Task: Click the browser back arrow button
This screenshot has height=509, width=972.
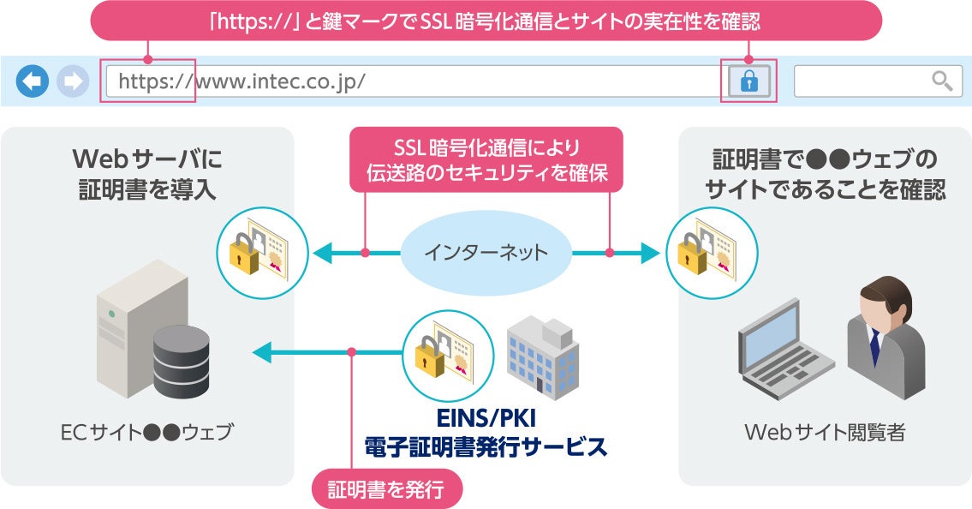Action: tap(32, 81)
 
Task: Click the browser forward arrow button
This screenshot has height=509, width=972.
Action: tap(73, 81)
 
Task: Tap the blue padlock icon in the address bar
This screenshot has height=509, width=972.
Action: tap(748, 81)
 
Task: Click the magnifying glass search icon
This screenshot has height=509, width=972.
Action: tap(942, 81)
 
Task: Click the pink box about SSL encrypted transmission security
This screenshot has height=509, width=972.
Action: tap(486, 159)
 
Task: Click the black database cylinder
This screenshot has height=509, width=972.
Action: tap(181, 361)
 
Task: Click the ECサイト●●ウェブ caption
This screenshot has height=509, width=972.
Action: tap(146, 432)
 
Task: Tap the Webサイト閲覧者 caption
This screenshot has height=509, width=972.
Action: tap(825, 432)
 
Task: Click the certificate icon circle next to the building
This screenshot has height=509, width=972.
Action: tap(447, 353)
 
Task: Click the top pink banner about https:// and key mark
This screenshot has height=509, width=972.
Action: tap(486, 21)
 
